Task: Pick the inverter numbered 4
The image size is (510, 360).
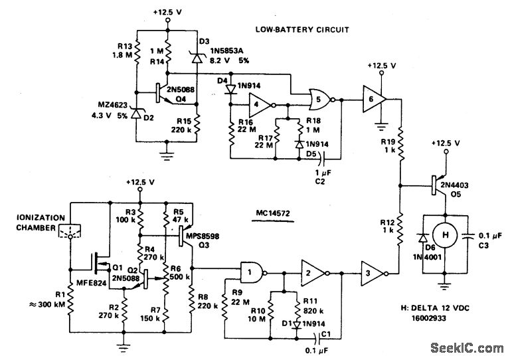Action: coord(260,104)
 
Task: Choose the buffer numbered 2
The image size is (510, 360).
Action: coord(310,271)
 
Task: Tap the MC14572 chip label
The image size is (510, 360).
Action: coord(276,214)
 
